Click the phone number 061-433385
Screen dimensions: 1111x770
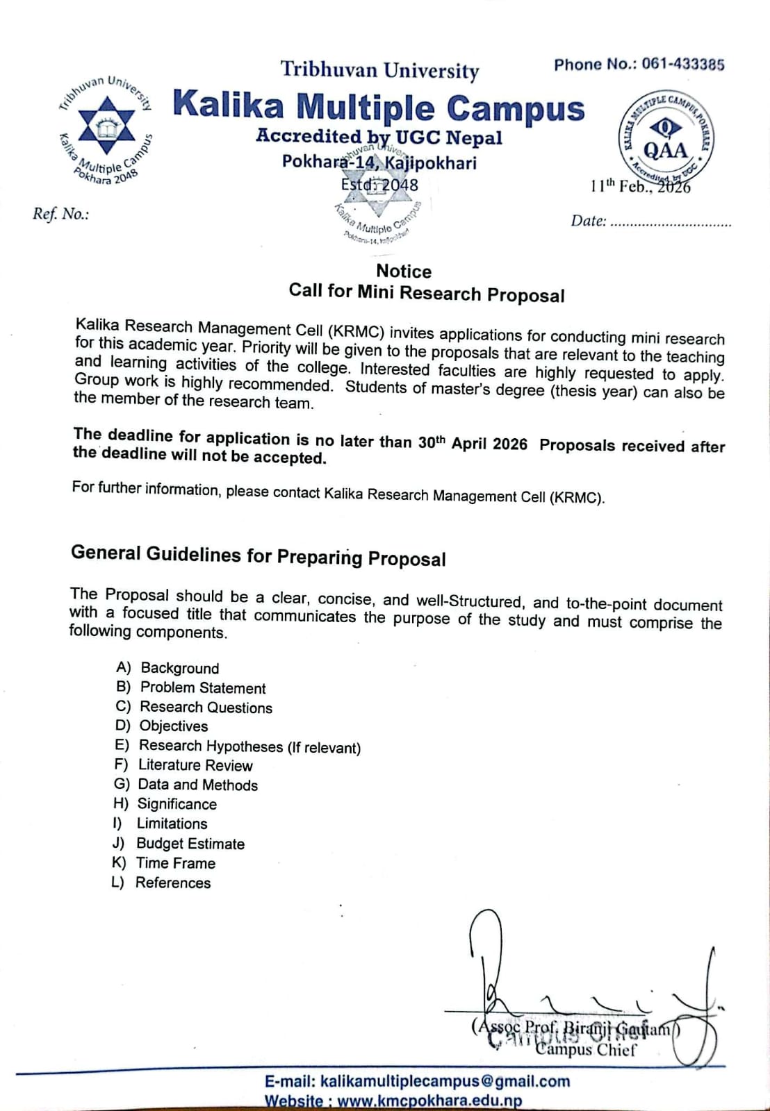click(682, 65)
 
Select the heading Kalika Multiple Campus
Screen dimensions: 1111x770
click(379, 107)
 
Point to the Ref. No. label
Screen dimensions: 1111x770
click(61, 214)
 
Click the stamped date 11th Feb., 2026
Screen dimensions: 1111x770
click(640, 186)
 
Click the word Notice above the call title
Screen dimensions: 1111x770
click(404, 272)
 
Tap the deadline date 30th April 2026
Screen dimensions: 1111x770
click(473, 443)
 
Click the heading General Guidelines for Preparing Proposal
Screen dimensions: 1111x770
click(259, 555)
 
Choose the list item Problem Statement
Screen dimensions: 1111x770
click(203, 688)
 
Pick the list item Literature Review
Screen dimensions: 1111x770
click(195, 765)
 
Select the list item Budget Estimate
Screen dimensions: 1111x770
click(190, 844)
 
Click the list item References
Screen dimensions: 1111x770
click(173, 883)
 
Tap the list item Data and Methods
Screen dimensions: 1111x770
click(198, 785)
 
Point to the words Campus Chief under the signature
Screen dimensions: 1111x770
click(586, 1049)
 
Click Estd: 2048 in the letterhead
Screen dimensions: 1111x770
click(380, 185)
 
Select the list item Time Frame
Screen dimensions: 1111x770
click(176, 863)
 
